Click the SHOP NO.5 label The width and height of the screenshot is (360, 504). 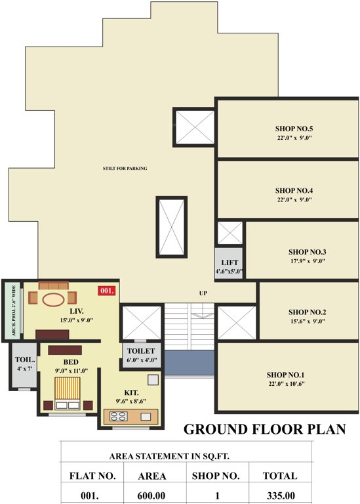point(293,128)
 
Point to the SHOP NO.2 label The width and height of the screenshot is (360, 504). point(307,312)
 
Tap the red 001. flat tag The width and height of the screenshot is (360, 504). point(107,290)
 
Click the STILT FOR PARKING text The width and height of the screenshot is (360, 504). point(125,169)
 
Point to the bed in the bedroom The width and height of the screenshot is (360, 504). point(66,394)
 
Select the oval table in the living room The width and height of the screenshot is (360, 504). point(54,299)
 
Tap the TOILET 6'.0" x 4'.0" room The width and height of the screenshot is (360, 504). point(141,355)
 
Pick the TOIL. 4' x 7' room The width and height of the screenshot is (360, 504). point(25,364)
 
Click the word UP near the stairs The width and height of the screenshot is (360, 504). point(203,293)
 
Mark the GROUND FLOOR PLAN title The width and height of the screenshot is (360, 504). point(264,430)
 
